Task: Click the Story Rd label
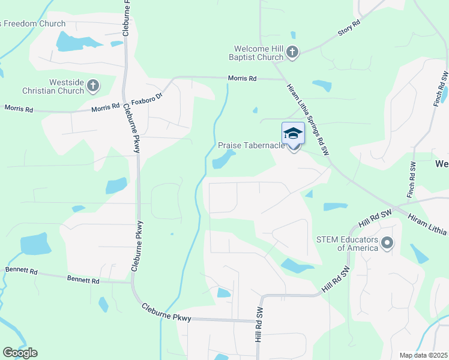pyautogui.click(x=349, y=26)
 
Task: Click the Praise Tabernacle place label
pyautogui.click(x=251, y=146)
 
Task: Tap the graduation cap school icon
pyautogui.click(x=293, y=133)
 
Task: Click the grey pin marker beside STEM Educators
pyautogui.click(x=387, y=243)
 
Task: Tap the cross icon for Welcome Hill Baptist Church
pyautogui.click(x=292, y=52)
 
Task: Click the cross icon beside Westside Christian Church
pyautogui.click(x=93, y=86)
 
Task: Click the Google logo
pyautogui.click(x=20, y=353)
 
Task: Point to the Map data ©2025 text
pyautogui.click(x=423, y=355)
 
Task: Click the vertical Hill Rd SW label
pyautogui.click(x=259, y=326)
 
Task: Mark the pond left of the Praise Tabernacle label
pyautogui.click(x=222, y=160)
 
